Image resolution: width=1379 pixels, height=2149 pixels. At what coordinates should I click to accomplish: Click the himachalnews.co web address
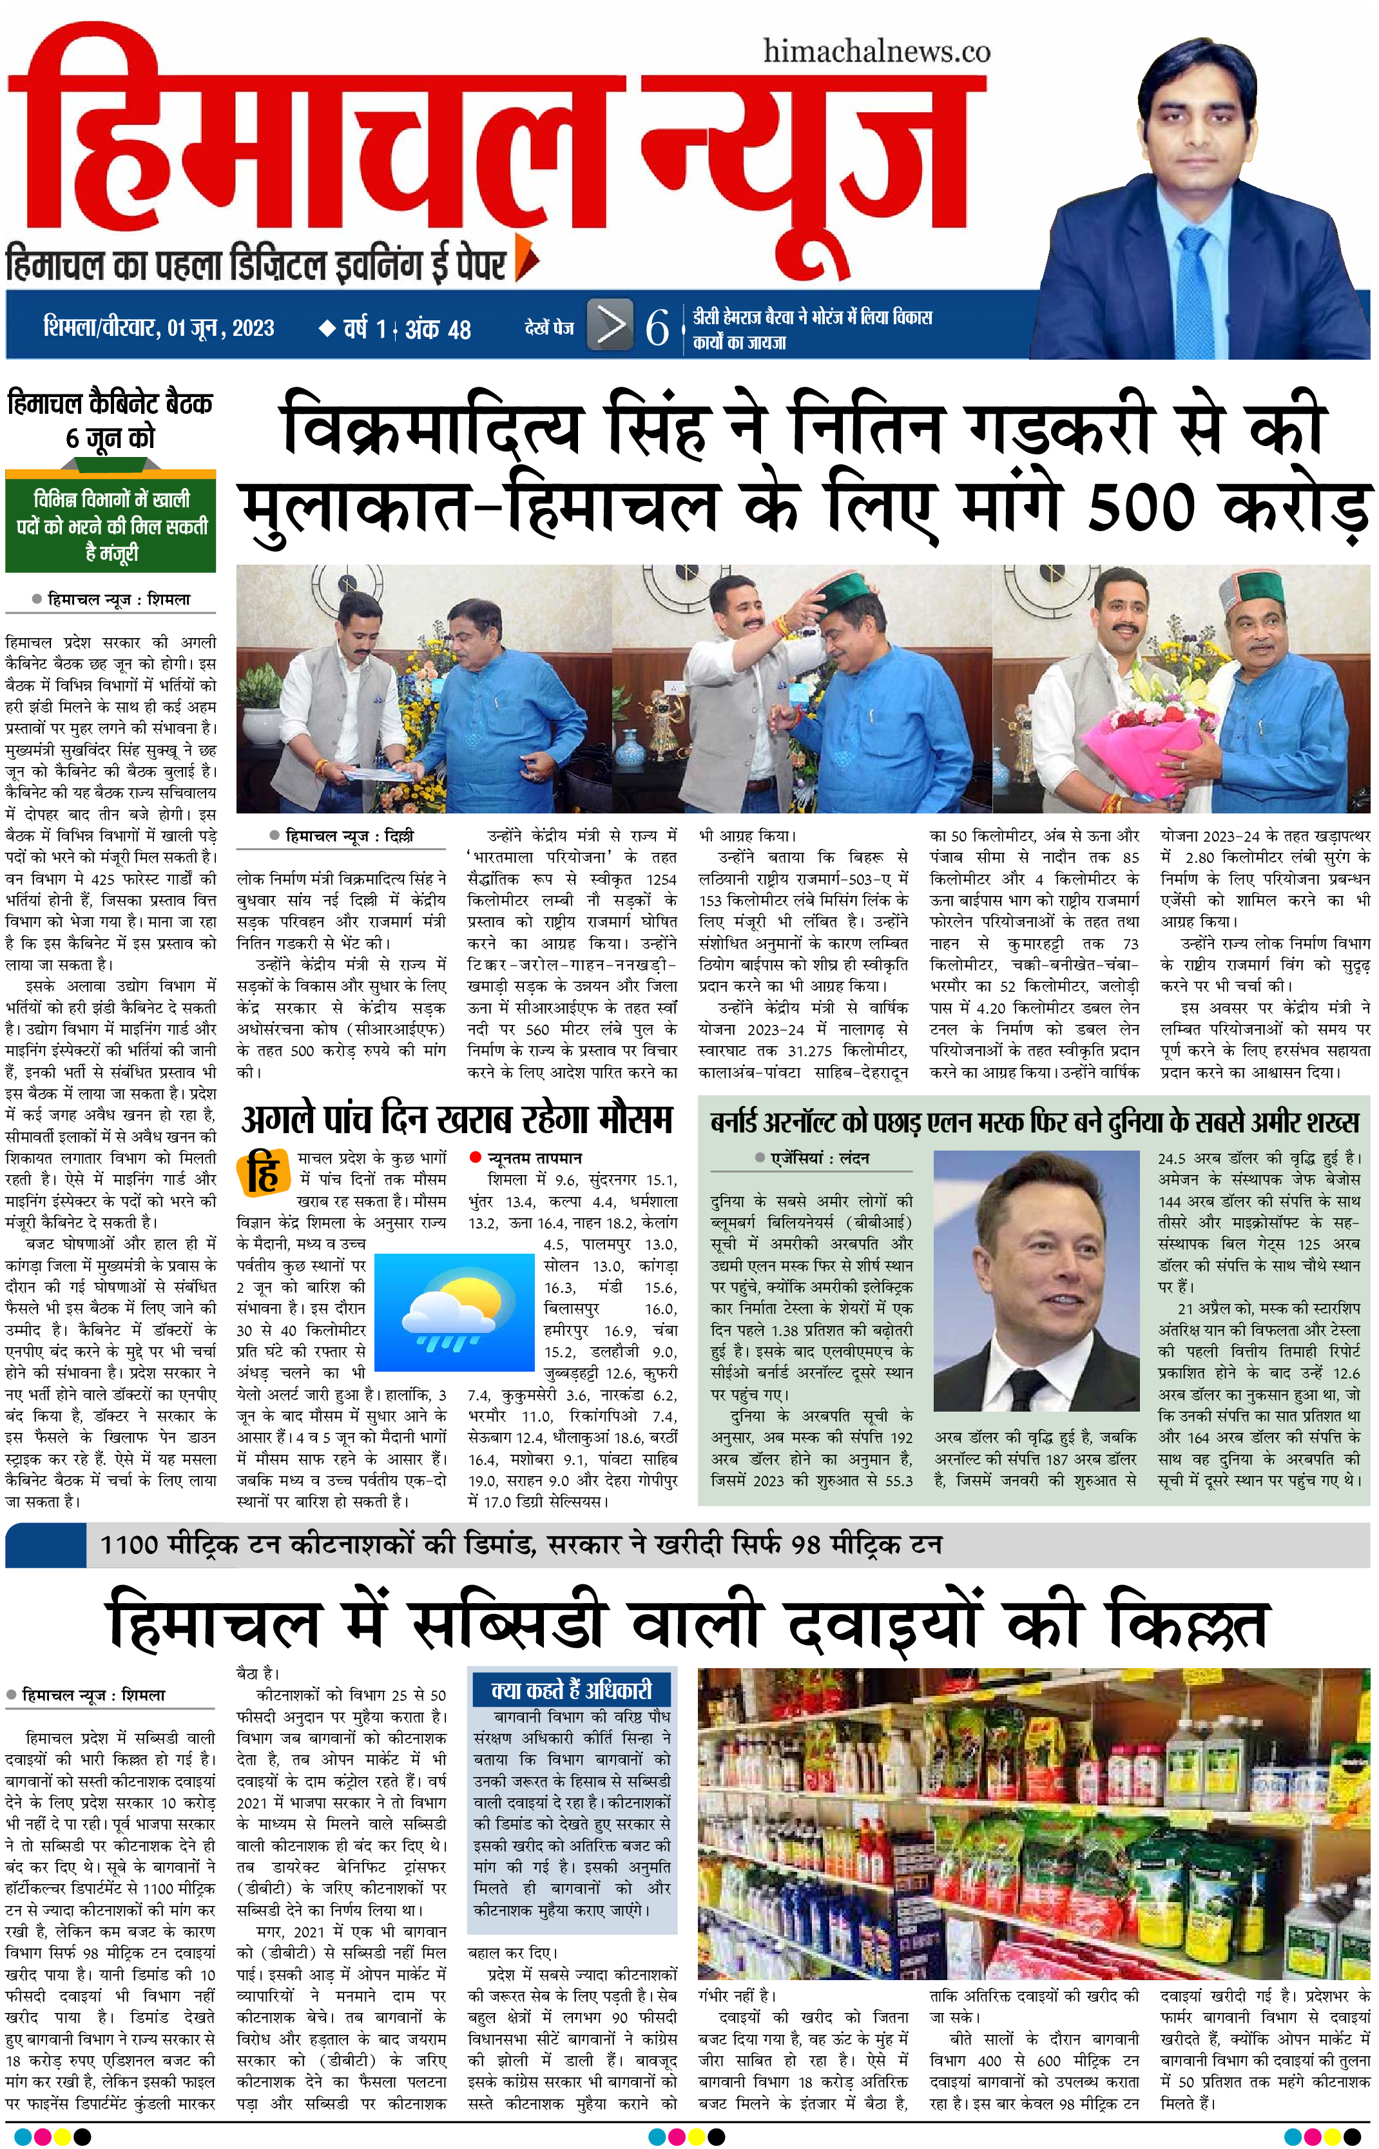[876, 52]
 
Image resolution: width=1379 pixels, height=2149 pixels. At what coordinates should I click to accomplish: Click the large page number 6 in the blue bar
[657, 327]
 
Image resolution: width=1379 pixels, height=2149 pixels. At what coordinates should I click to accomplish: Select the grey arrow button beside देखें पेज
[611, 324]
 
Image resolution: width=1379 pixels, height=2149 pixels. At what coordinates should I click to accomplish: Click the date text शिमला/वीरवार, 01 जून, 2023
[159, 327]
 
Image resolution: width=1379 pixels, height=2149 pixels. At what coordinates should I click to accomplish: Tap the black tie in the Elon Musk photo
[1023, 1385]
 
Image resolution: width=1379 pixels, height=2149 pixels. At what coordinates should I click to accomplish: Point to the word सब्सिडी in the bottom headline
[508, 1625]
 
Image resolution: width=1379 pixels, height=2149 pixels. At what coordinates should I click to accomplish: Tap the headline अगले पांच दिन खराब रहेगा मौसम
[457, 1119]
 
